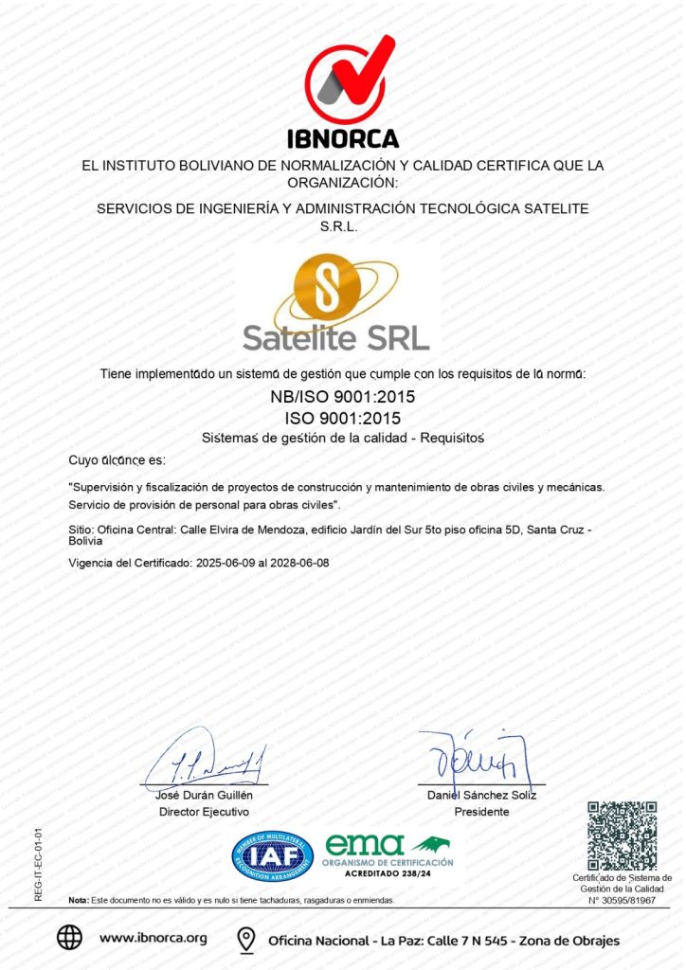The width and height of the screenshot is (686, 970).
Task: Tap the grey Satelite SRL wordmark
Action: tap(335, 337)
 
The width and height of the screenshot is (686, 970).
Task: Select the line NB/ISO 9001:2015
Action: tap(342, 397)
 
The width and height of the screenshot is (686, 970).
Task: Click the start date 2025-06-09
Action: tap(226, 563)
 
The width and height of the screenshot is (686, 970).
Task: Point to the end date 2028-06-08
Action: tap(299, 563)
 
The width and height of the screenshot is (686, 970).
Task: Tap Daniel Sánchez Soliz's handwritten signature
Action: tap(478, 757)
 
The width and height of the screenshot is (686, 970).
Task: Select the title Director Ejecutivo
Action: tap(204, 812)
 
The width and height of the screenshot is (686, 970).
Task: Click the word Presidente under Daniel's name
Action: tap(481, 812)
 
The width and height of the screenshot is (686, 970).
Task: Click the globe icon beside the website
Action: tap(69, 938)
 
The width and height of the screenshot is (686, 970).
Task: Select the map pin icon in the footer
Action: tap(246, 940)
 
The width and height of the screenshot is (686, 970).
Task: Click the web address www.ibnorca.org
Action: tap(153, 939)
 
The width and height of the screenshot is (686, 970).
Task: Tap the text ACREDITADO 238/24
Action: tap(388, 874)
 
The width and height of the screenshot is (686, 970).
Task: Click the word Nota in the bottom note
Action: tap(79, 899)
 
